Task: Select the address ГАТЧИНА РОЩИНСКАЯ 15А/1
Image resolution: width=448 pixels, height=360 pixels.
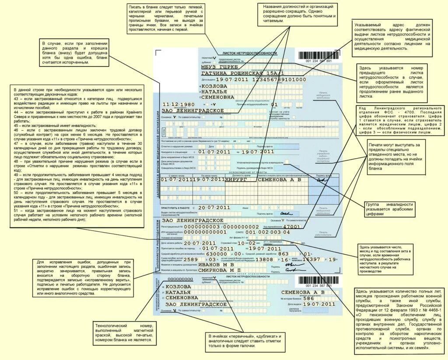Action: [242, 73]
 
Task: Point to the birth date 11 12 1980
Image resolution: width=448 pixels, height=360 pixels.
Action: [178, 105]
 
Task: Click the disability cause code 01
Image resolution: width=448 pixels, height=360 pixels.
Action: [274, 105]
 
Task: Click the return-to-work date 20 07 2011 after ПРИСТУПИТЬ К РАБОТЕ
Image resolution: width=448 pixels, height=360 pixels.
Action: [214, 207]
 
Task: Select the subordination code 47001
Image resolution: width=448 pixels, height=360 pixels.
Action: [292, 227]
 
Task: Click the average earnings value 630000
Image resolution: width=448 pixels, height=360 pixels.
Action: [216, 253]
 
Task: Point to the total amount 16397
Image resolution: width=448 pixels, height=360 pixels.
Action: [311, 259]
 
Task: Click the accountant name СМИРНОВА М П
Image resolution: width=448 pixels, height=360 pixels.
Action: [217, 270]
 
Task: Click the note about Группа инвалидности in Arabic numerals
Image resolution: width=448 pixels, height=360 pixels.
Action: [389, 209]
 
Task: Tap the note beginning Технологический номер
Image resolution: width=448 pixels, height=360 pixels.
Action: [123, 333]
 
